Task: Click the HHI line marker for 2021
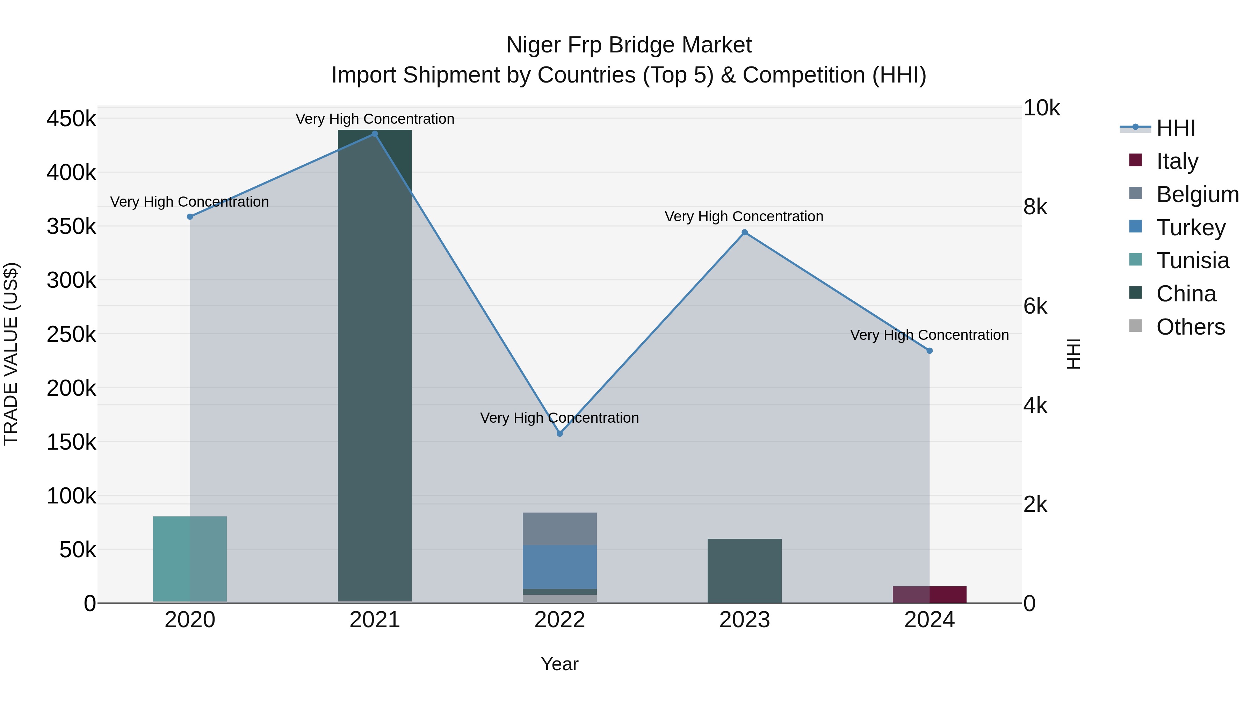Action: [x=375, y=134]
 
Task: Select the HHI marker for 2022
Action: [x=560, y=434]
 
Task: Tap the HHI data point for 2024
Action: [x=929, y=351]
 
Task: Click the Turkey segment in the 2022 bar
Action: [x=560, y=567]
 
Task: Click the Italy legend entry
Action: [x=1177, y=161]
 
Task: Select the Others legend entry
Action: [x=1190, y=327]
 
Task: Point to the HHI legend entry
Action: [x=1176, y=128]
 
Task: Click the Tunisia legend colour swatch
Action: [x=1135, y=259]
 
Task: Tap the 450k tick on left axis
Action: [x=71, y=119]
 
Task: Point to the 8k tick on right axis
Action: [x=1035, y=207]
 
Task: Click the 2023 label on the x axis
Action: [x=744, y=620]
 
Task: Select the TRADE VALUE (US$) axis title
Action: [x=11, y=354]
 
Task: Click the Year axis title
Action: [x=560, y=664]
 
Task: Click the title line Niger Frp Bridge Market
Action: [x=629, y=45]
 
